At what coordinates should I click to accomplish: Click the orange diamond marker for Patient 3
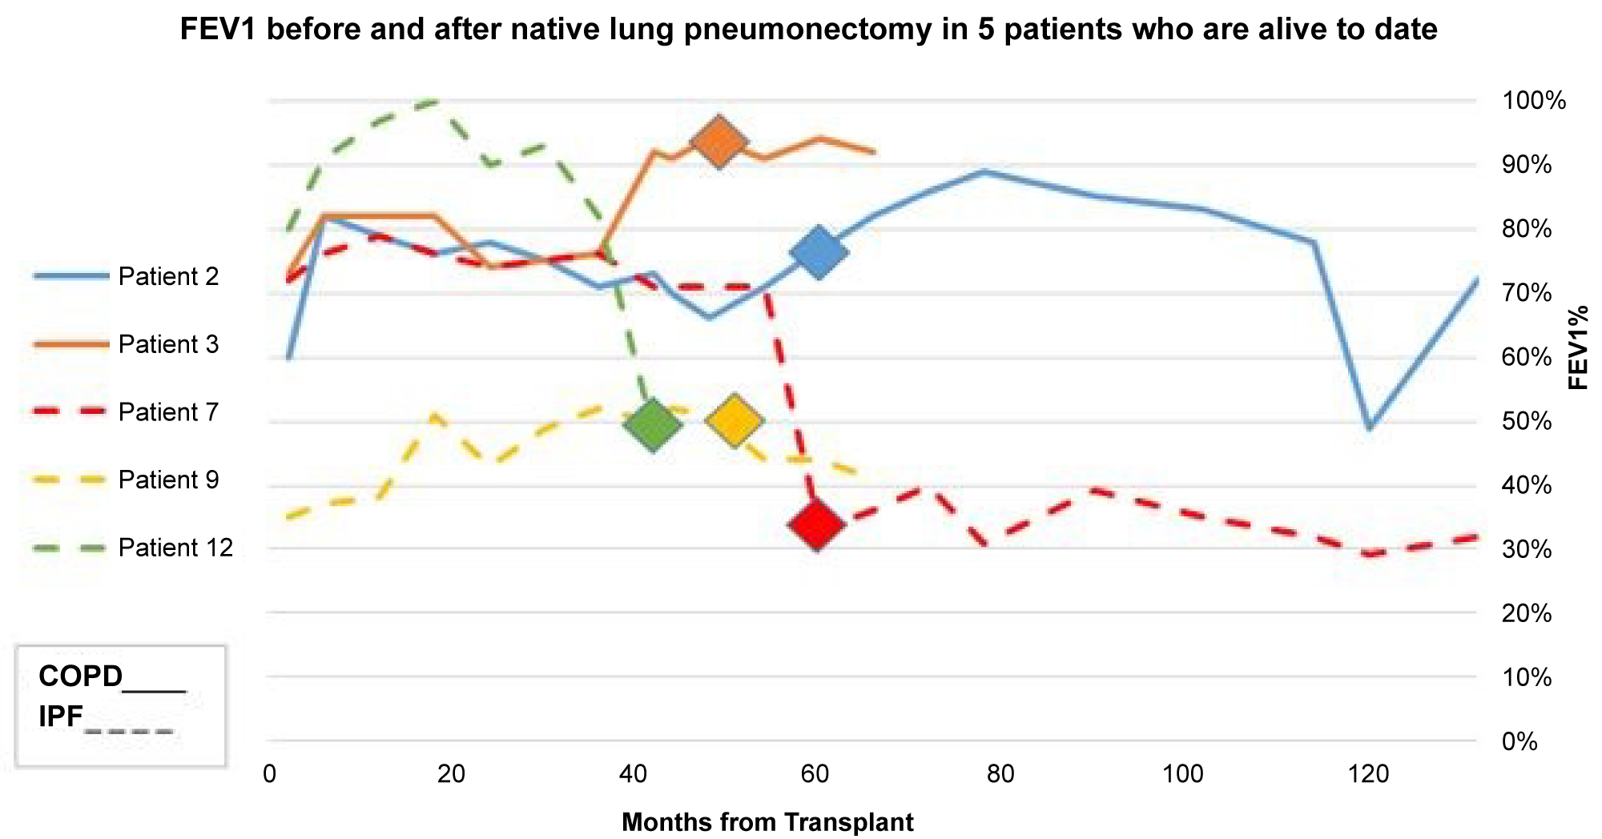719,141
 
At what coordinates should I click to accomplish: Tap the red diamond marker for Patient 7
817,525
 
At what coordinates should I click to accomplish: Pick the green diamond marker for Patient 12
654,424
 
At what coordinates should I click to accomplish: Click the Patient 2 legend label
168,277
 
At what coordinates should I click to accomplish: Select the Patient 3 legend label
168,345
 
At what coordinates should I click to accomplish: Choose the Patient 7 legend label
168,412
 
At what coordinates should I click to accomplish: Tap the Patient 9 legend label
168,480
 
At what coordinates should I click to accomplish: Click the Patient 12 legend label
175,548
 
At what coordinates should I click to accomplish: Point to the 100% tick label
1534,101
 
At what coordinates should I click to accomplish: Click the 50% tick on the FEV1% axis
1528,421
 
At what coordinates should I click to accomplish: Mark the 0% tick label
1520,742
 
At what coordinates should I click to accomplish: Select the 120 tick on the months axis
1367,774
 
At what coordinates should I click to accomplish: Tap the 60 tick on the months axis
816,774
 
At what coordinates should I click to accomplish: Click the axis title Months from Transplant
767,822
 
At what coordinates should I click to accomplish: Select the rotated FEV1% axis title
1578,347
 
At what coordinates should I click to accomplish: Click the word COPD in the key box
80,677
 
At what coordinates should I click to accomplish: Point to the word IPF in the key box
61,717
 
